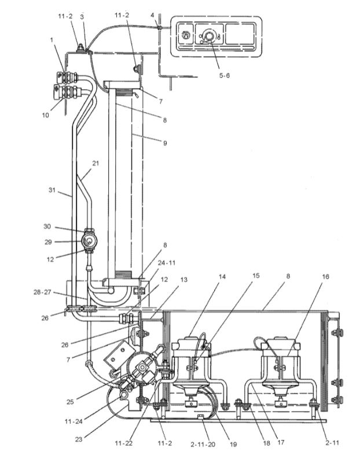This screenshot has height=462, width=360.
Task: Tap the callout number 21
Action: click(x=95, y=164)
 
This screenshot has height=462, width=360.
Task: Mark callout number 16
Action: click(x=325, y=277)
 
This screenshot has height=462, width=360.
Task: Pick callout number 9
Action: click(x=165, y=142)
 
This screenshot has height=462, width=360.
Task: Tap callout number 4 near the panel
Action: click(x=152, y=16)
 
